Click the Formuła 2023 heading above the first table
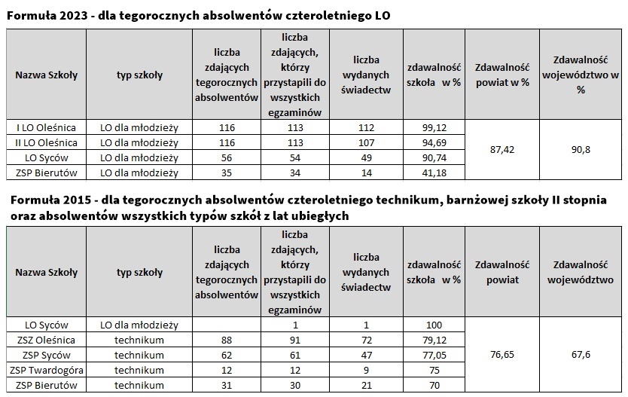pos(198,15)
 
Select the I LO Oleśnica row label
pos(46,127)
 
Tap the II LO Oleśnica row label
pos(46,142)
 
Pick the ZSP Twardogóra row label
pos(46,370)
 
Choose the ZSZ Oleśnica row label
pos(46,340)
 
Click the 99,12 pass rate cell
pos(433,127)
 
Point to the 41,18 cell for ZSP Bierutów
pos(433,173)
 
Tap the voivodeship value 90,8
pos(580,150)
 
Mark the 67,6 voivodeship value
pos(580,355)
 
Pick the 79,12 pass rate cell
pos(433,340)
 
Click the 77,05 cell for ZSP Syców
pos(433,355)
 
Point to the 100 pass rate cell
pos(433,325)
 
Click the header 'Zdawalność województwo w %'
pos(580,74)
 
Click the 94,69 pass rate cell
pos(433,142)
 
